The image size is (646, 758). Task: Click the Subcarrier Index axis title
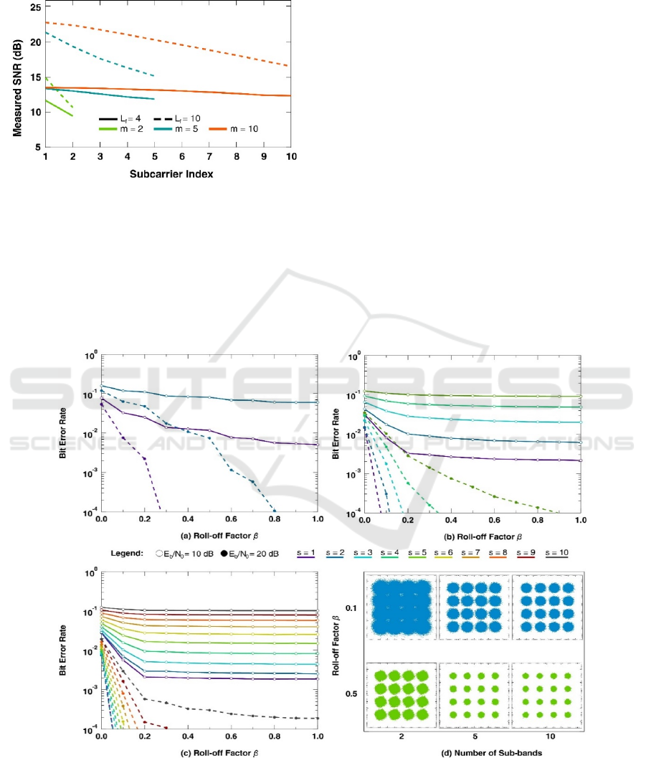coord(168,174)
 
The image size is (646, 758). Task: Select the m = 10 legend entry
coord(233,129)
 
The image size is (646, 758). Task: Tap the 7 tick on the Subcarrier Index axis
coord(209,156)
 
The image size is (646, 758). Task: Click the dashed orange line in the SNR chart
coord(179,35)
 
